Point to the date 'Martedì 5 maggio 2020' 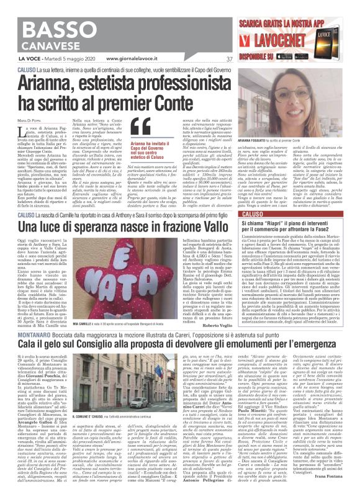pos(71,60)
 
